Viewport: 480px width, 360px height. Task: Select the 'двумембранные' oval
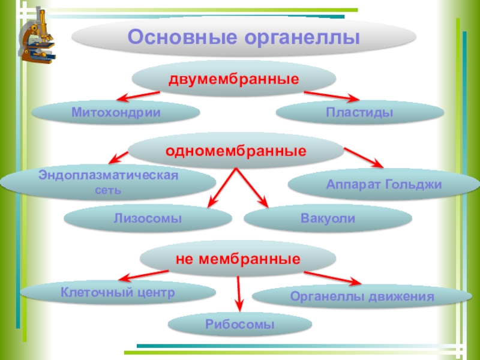pyautogui.click(x=233, y=79)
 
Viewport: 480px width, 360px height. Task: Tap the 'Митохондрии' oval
pyautogui.click(x=116, y=112)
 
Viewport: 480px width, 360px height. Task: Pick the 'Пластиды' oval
pyautogui.click(x=360, y=113)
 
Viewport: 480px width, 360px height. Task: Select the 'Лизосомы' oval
pyautogui.click(x=148, y=219)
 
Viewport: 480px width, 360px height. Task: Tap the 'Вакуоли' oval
pyautogui.click(x=328, y=219)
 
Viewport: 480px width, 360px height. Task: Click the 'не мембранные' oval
pyautogui.click(x=238, y=259)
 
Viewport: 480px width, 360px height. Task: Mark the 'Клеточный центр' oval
pyautogui.click(x=118, y=293)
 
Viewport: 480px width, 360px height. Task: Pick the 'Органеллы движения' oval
pyautogui.click(x=362, y=296)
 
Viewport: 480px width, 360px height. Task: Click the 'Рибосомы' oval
pyautogui.click(x=239, y=324)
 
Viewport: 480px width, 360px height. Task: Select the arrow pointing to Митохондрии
pyautogui.click(x=138, y=96)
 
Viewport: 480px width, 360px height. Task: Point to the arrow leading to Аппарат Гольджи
pyautogui.click(x=363, y=158)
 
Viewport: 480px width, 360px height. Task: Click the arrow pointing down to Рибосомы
pyautogui.click(x=239, y=294)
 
